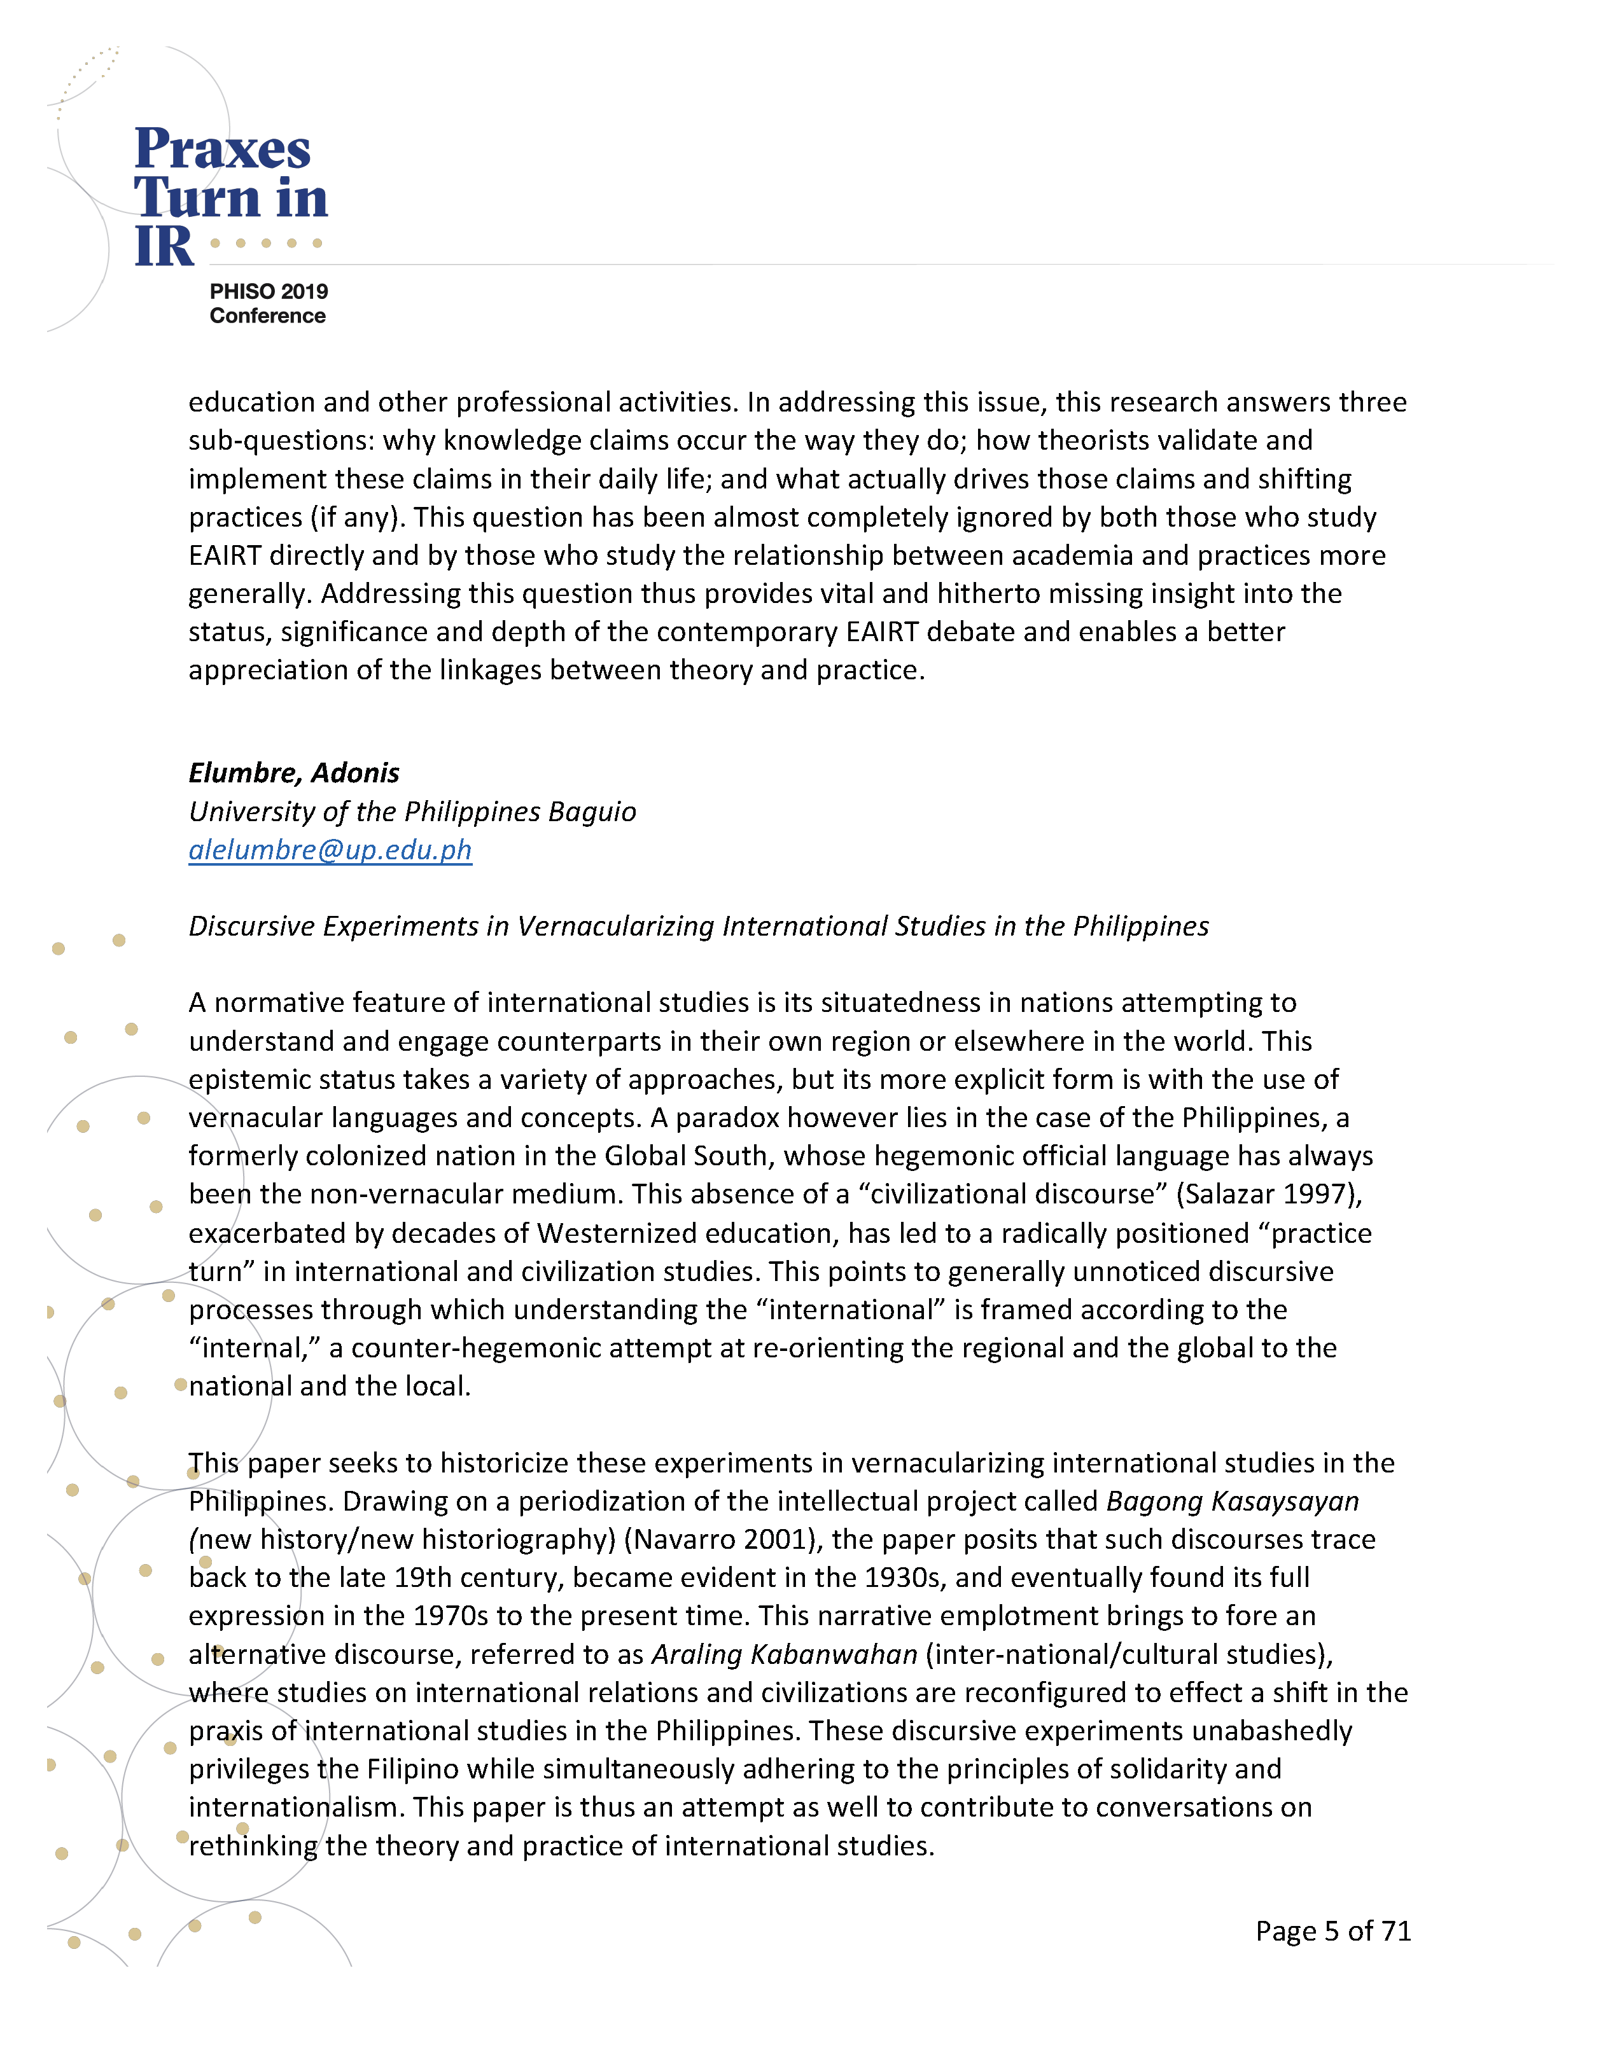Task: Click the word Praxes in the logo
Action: pos(223,150)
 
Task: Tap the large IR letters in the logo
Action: pos(164,247)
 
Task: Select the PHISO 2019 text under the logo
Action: pos(269,291)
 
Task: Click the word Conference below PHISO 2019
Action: pos(267,315)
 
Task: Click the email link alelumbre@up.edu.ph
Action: pos(330,850)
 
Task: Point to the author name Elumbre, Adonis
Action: pos(294,773)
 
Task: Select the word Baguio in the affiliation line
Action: pos(592,812)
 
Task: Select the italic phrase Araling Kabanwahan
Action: pos(785,1654)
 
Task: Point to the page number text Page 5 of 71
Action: pos(1332,1930)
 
